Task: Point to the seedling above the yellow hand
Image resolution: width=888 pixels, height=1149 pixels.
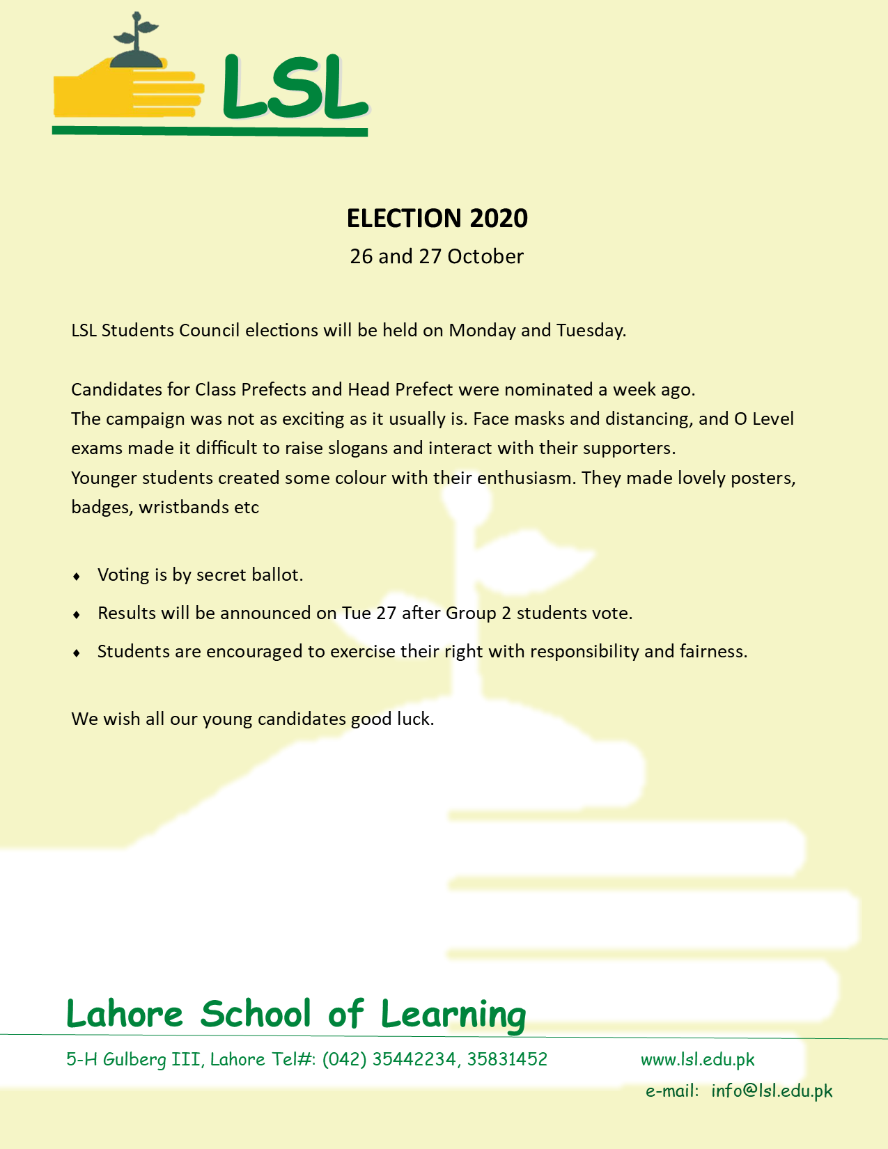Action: click(137, 42)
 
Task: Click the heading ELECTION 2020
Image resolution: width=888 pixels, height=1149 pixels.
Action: click(437, 219)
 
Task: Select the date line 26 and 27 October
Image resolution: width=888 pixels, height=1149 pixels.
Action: click(437, 257)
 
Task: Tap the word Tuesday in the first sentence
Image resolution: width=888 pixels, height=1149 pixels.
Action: click(590, 330)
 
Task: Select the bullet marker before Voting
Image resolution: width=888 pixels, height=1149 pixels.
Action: click(77, 577)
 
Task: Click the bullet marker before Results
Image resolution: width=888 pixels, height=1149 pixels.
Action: click(77, 615)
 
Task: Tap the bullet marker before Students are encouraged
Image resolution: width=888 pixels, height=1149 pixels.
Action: click(77, 653)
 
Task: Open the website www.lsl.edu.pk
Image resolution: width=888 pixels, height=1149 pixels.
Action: click(697, 1060)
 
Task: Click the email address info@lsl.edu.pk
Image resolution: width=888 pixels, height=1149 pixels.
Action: click(772, 1091)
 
